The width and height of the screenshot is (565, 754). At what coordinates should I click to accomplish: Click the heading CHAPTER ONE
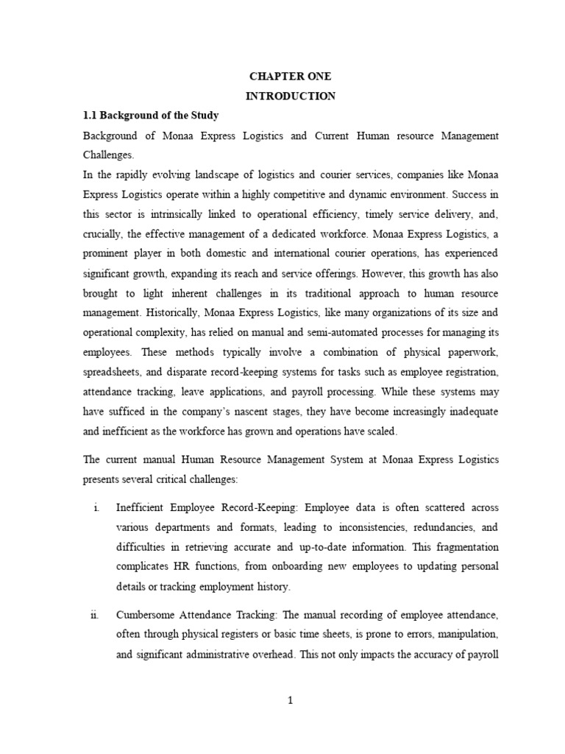click(x=290, y=76)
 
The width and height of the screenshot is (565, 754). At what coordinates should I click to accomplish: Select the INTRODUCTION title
click(x=290, y=96)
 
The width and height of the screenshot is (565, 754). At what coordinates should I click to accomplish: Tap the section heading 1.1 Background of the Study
click(x=151, y=116)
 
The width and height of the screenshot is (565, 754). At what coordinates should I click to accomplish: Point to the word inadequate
click(x=467, y=412)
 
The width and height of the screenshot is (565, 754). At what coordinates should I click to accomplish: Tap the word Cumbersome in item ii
click(x=146, y=614)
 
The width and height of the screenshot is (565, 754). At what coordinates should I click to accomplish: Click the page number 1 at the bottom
click(x=291, y=701)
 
